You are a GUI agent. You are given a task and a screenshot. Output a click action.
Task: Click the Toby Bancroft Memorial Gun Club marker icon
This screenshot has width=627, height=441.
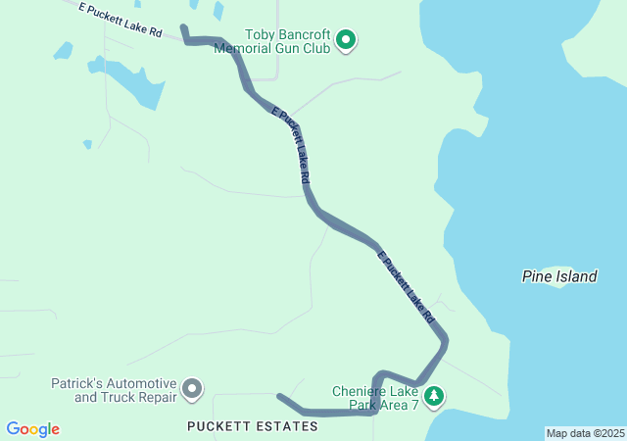click(346, 40)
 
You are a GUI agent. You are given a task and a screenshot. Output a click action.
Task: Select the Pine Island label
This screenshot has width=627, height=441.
click(558, 276)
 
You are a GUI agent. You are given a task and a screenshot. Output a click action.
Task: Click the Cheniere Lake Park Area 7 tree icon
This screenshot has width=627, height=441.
click(433, 397)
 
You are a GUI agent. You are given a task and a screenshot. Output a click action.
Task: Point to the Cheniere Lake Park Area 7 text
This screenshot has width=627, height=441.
click(374, 397)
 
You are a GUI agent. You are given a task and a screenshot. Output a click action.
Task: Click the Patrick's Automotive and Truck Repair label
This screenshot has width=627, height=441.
click(114, 390)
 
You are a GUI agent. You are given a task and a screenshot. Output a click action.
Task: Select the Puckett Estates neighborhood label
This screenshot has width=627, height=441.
click(253, 426)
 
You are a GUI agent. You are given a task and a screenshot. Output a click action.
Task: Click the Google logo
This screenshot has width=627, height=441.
click(32, 429)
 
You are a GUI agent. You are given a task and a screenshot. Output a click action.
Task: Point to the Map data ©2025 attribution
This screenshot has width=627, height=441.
click(585, 433)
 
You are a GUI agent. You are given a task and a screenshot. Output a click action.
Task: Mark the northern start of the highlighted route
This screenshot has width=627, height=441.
click(183, 28)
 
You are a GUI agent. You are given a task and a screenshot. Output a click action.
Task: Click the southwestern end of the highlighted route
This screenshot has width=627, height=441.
click(280, 398)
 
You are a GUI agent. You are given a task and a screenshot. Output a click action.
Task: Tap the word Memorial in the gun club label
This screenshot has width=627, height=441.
click(245, 47)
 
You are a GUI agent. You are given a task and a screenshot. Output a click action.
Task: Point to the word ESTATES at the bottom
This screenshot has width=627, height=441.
click(285, 426)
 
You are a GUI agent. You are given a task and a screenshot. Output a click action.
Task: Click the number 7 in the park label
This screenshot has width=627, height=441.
click(414, 404)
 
